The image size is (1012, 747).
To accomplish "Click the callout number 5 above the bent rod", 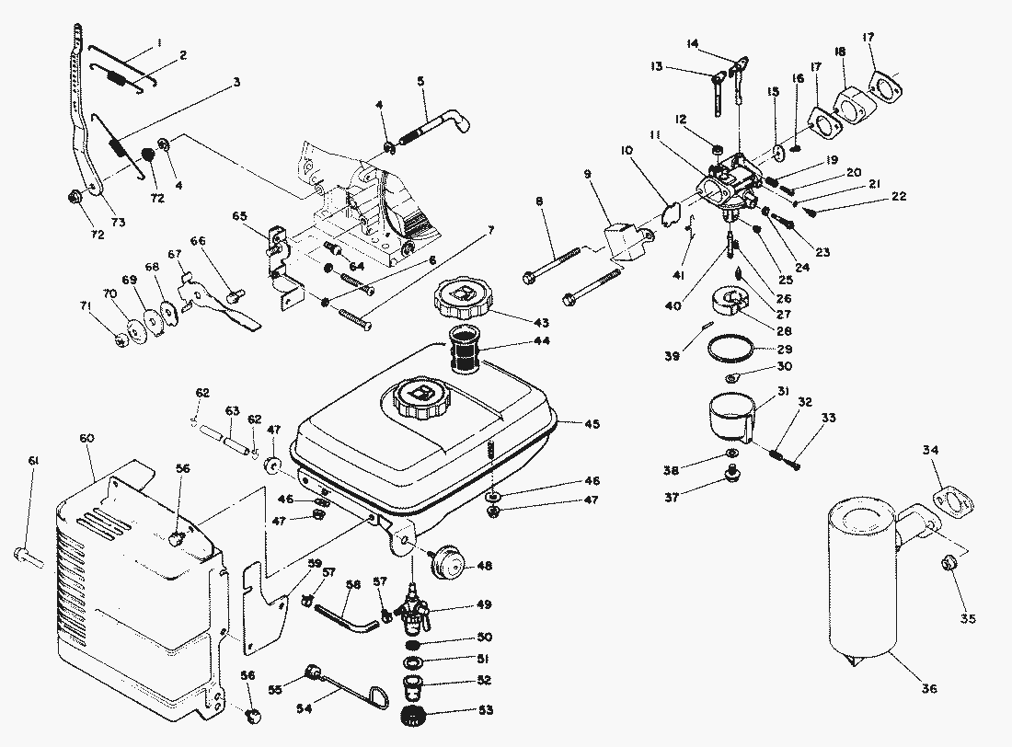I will tap(420, 81).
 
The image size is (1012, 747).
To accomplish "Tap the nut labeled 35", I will tap(949, 563).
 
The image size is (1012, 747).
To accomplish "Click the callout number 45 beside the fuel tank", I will tap(592, 424).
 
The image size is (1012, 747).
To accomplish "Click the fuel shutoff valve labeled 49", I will tap(411, 609).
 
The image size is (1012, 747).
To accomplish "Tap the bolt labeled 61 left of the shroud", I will tap(25, 555).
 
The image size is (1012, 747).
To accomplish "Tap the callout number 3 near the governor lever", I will tap(236, 83).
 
